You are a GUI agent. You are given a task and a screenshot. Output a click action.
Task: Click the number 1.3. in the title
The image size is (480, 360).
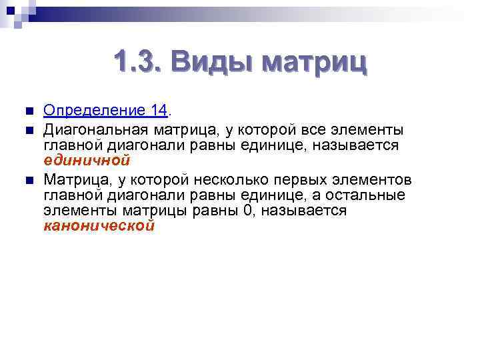pyautogui.click(x=136, y=64)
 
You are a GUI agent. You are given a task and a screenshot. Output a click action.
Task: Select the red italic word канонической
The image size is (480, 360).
pyautogui.click(x=99, y=225)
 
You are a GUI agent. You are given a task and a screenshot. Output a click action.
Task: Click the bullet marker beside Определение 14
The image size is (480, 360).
pyautogui.click(x=26, y=111)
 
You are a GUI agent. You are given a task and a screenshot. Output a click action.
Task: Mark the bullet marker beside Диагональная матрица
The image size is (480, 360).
pyautogui.click(x=26, y=127)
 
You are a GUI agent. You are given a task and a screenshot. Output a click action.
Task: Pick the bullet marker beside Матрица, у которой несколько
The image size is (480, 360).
pyautogui.click(x=26, y=179)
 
